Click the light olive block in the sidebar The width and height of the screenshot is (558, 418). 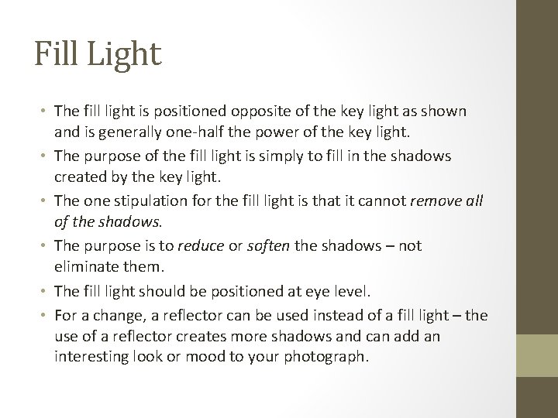[537, 355]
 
